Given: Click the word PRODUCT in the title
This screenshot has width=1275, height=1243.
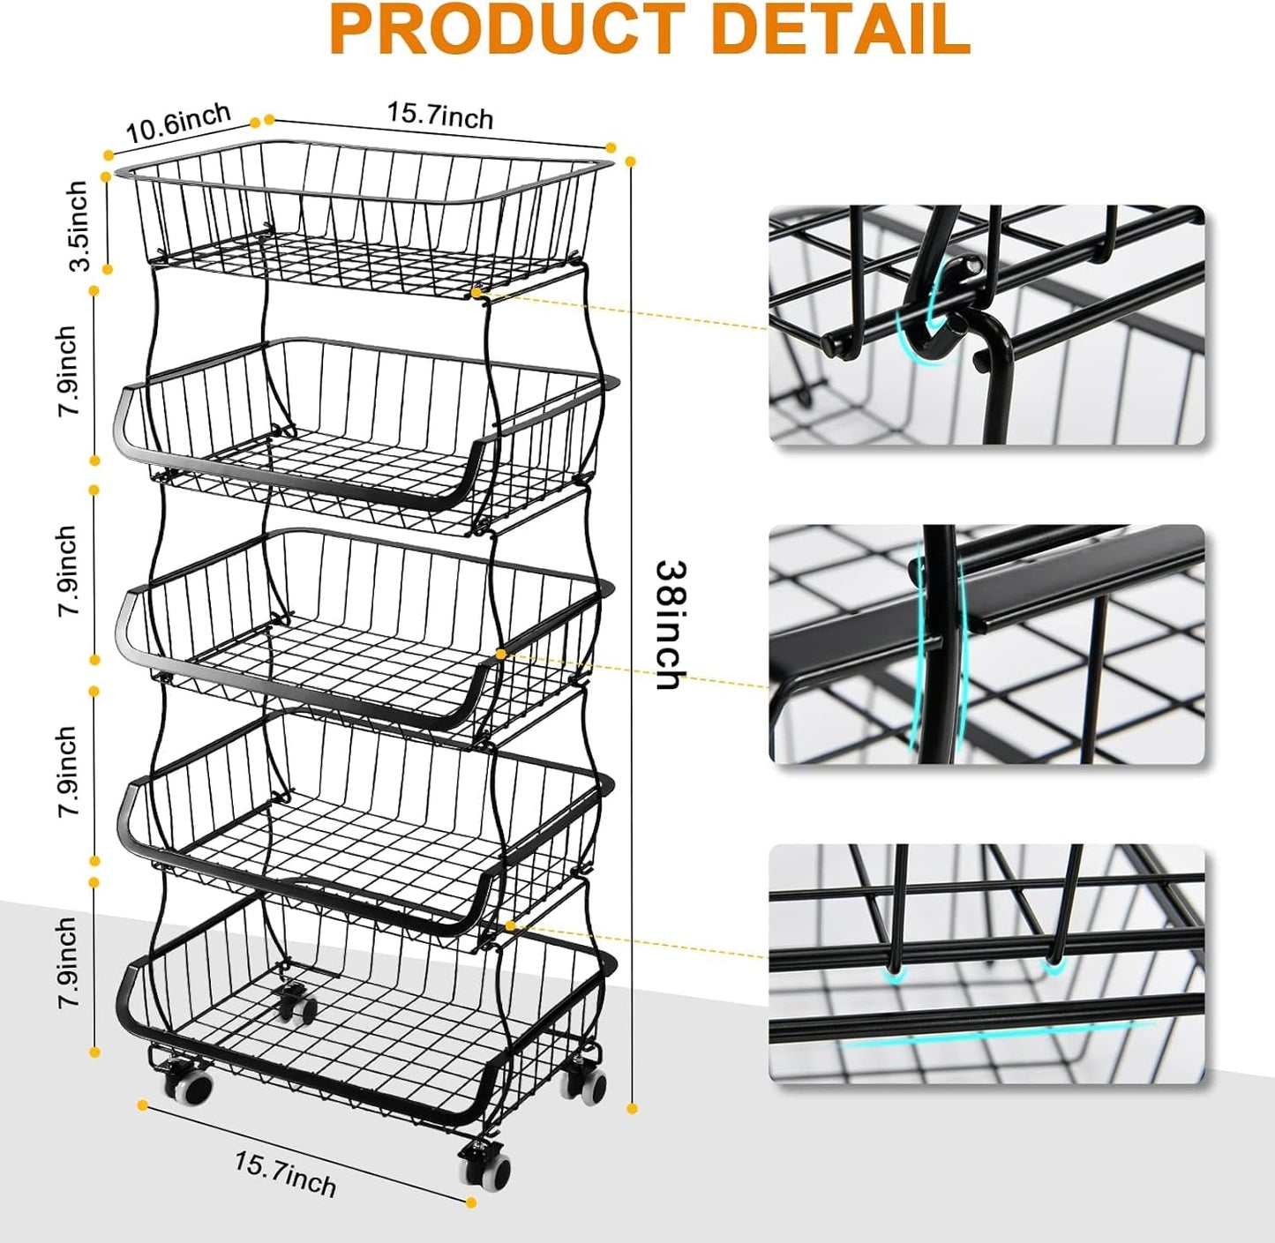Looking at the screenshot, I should pyautogui.click(x=506, y=29).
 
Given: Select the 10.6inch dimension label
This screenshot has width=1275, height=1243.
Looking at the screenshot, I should pyautogui.click(x=179, y=124).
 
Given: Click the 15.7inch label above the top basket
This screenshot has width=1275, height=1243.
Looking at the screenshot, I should pyautogui.click(x=440, y=116).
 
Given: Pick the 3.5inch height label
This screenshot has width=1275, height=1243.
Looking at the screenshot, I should pyautogui.click(x=79, y=226).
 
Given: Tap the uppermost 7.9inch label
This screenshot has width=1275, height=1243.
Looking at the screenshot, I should pyautogui.click(x=69, y=371).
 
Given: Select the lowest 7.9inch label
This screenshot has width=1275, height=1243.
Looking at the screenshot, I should pyautogui.click(x=69, y=963).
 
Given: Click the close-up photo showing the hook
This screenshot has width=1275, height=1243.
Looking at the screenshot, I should pyautogui.click(x=986, y=326).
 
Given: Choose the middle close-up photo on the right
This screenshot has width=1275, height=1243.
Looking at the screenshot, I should pyautogui.click(x=986, y=644).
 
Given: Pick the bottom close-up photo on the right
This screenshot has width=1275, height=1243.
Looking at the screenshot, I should pyautogui.click(x=986, y=963).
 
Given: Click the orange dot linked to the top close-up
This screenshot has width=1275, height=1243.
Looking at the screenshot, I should pyautogui.click(x=476, y=290).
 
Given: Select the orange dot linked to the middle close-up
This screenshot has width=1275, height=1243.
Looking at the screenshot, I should pyautogui.click(x=501, y=654).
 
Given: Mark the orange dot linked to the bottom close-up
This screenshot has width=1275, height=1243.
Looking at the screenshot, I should pyautogui.click(x=510, y=925).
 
